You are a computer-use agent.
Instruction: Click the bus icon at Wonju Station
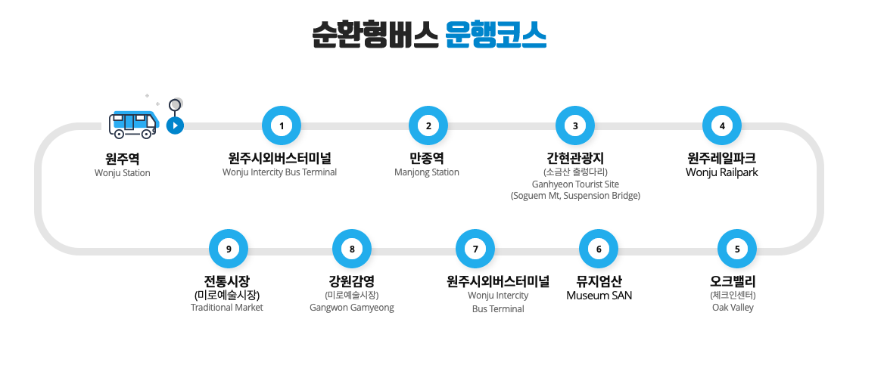pos(132,124)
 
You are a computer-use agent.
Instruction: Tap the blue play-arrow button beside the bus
pos(175,125)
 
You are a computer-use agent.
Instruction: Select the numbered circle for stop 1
pos(282,125)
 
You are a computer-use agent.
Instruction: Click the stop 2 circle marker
pos(428,125)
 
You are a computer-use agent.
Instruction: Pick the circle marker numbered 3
pos(575,125)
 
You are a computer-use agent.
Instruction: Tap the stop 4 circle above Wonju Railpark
pos(722,125)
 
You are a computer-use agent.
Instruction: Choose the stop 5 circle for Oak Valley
pos(737,249)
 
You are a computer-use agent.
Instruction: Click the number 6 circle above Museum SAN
pos(599,249)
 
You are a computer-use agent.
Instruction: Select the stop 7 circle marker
pos(475,249)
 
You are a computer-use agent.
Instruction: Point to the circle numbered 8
pos(352,249)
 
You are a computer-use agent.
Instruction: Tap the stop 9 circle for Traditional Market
pos(229,249)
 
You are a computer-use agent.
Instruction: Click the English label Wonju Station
pos(123,173)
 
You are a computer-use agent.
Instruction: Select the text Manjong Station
pos(427,172)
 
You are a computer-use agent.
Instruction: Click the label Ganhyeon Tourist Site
pos(575,184)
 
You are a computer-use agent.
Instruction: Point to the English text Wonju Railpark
pos(721,172)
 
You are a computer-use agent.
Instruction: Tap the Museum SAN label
pos(599,296)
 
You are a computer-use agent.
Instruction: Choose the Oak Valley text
pos(733,308)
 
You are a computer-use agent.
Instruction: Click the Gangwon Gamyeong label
pos(352,308)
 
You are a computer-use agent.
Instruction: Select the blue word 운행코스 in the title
pos(496,34)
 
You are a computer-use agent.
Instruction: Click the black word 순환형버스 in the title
pos(375,34)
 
